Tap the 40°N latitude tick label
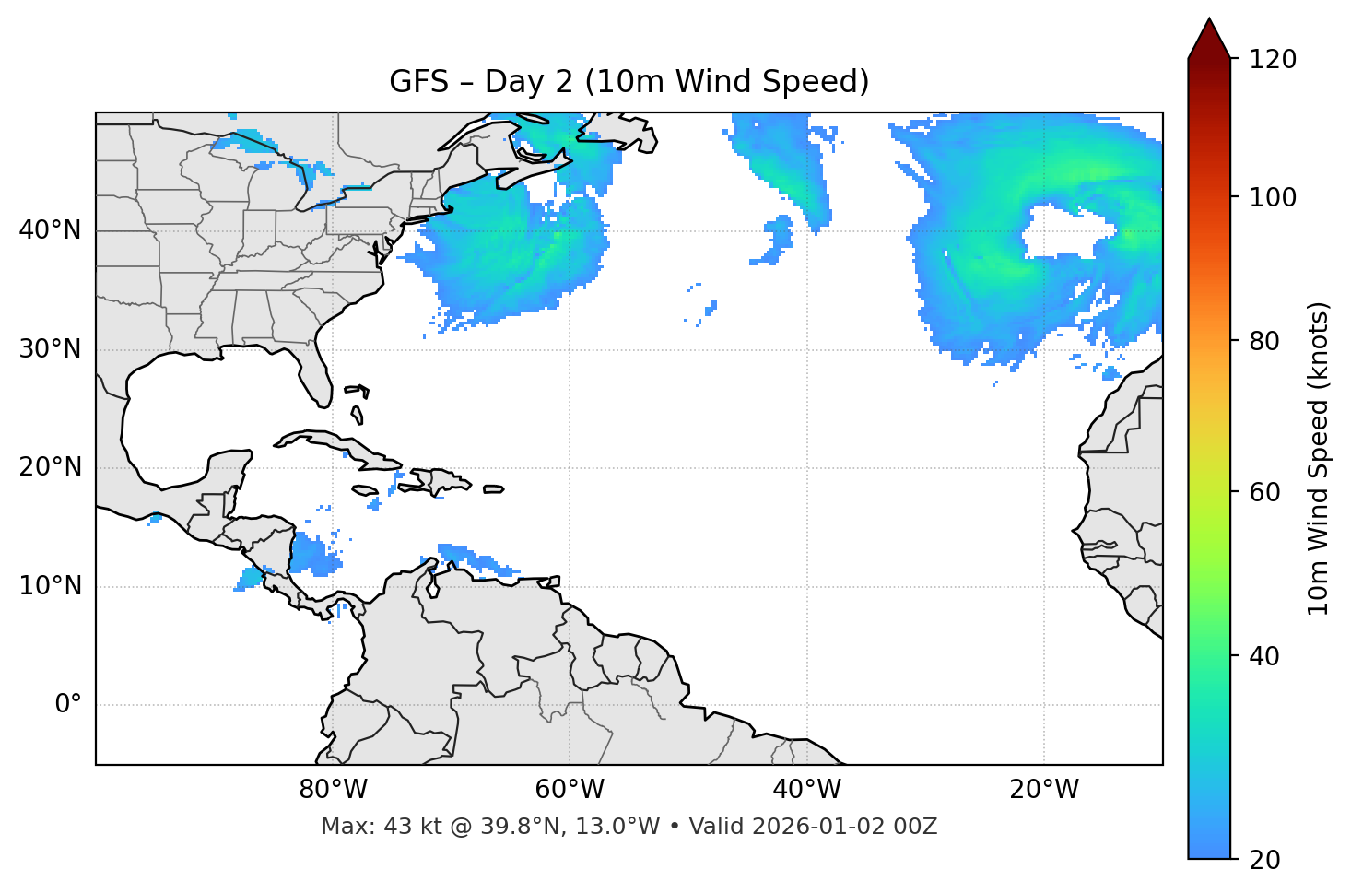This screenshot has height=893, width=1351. (50, 229)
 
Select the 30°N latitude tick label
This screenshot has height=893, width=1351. (50, 349)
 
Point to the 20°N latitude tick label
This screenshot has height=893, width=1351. (50, 467)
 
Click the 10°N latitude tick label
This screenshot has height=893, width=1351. (50, 586)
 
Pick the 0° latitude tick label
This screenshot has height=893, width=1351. (68, 705)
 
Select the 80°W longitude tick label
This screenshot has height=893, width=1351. (333, 790)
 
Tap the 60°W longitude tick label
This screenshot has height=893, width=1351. (570, 790)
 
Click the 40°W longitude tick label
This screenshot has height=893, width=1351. (806, 790)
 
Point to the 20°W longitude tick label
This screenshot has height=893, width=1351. (1043, 790)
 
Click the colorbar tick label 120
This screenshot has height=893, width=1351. (1272, 60)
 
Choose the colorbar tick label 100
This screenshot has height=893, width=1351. (1272, 197)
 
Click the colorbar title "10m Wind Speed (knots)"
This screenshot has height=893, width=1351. (1319, 458)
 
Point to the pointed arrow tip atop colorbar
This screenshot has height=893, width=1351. (1209, 19)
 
